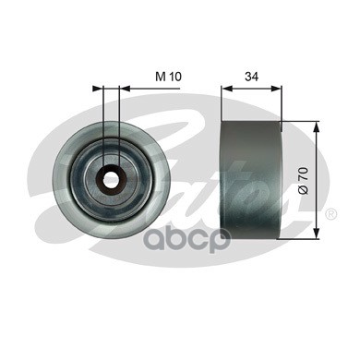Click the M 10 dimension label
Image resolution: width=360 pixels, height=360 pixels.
point(168,77)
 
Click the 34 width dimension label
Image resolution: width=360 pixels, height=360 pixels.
point(251,77)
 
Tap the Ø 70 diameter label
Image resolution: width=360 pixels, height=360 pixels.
point(304,181)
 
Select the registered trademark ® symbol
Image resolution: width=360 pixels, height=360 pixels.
point(330,214)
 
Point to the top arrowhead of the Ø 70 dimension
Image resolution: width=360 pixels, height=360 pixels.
point(316,126)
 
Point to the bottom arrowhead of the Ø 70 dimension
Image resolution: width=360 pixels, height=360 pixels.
point(316,234)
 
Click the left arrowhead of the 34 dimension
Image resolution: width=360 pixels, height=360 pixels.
point(226,89)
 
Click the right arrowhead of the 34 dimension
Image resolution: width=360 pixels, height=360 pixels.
point(276,89)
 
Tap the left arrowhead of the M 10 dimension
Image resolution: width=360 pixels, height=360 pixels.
point(97,89)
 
